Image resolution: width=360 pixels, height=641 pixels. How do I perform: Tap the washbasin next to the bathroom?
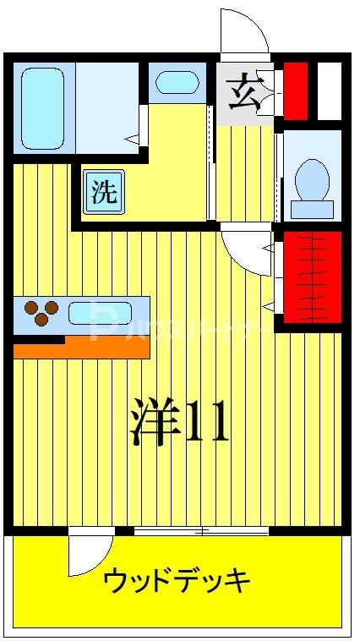coord(177,83)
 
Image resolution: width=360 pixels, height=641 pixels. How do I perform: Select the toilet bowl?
coord(312,178)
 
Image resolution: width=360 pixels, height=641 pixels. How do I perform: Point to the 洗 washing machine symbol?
coord(105,192)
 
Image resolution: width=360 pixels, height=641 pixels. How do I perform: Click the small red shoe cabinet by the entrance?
coord(295,90)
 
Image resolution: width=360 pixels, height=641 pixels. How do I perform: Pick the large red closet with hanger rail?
coord(311,277)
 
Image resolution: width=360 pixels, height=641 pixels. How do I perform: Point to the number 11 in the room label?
coord(207,424)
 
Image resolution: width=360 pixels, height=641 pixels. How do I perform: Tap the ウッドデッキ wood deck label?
coord(177,581)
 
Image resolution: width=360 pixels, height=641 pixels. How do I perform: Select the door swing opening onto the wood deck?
coord(90,555)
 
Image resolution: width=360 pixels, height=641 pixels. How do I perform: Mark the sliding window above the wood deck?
coord(201,531)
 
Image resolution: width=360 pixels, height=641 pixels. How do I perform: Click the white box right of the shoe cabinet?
coord(329,90)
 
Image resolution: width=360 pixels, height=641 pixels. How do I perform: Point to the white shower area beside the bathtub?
coord(106,108)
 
